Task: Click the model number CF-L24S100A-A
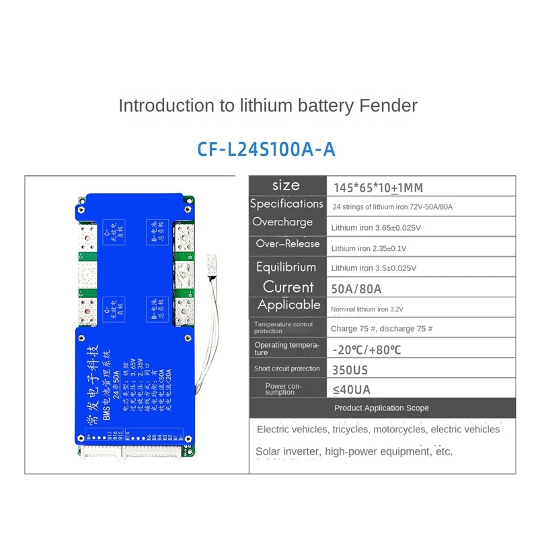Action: [266, 149]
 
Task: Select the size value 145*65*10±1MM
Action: [378, 186]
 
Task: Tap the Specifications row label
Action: [286, 204]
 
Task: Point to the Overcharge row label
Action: [282, 222]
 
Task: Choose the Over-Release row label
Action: [284, 244]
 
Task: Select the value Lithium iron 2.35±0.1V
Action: [369, 248]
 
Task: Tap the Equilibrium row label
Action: [286, 267]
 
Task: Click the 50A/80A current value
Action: [356, 289]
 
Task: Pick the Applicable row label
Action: [289, 305]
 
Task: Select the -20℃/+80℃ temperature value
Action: [375, 349]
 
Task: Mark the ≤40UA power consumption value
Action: [351, 389]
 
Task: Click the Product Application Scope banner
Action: [381, 408]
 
